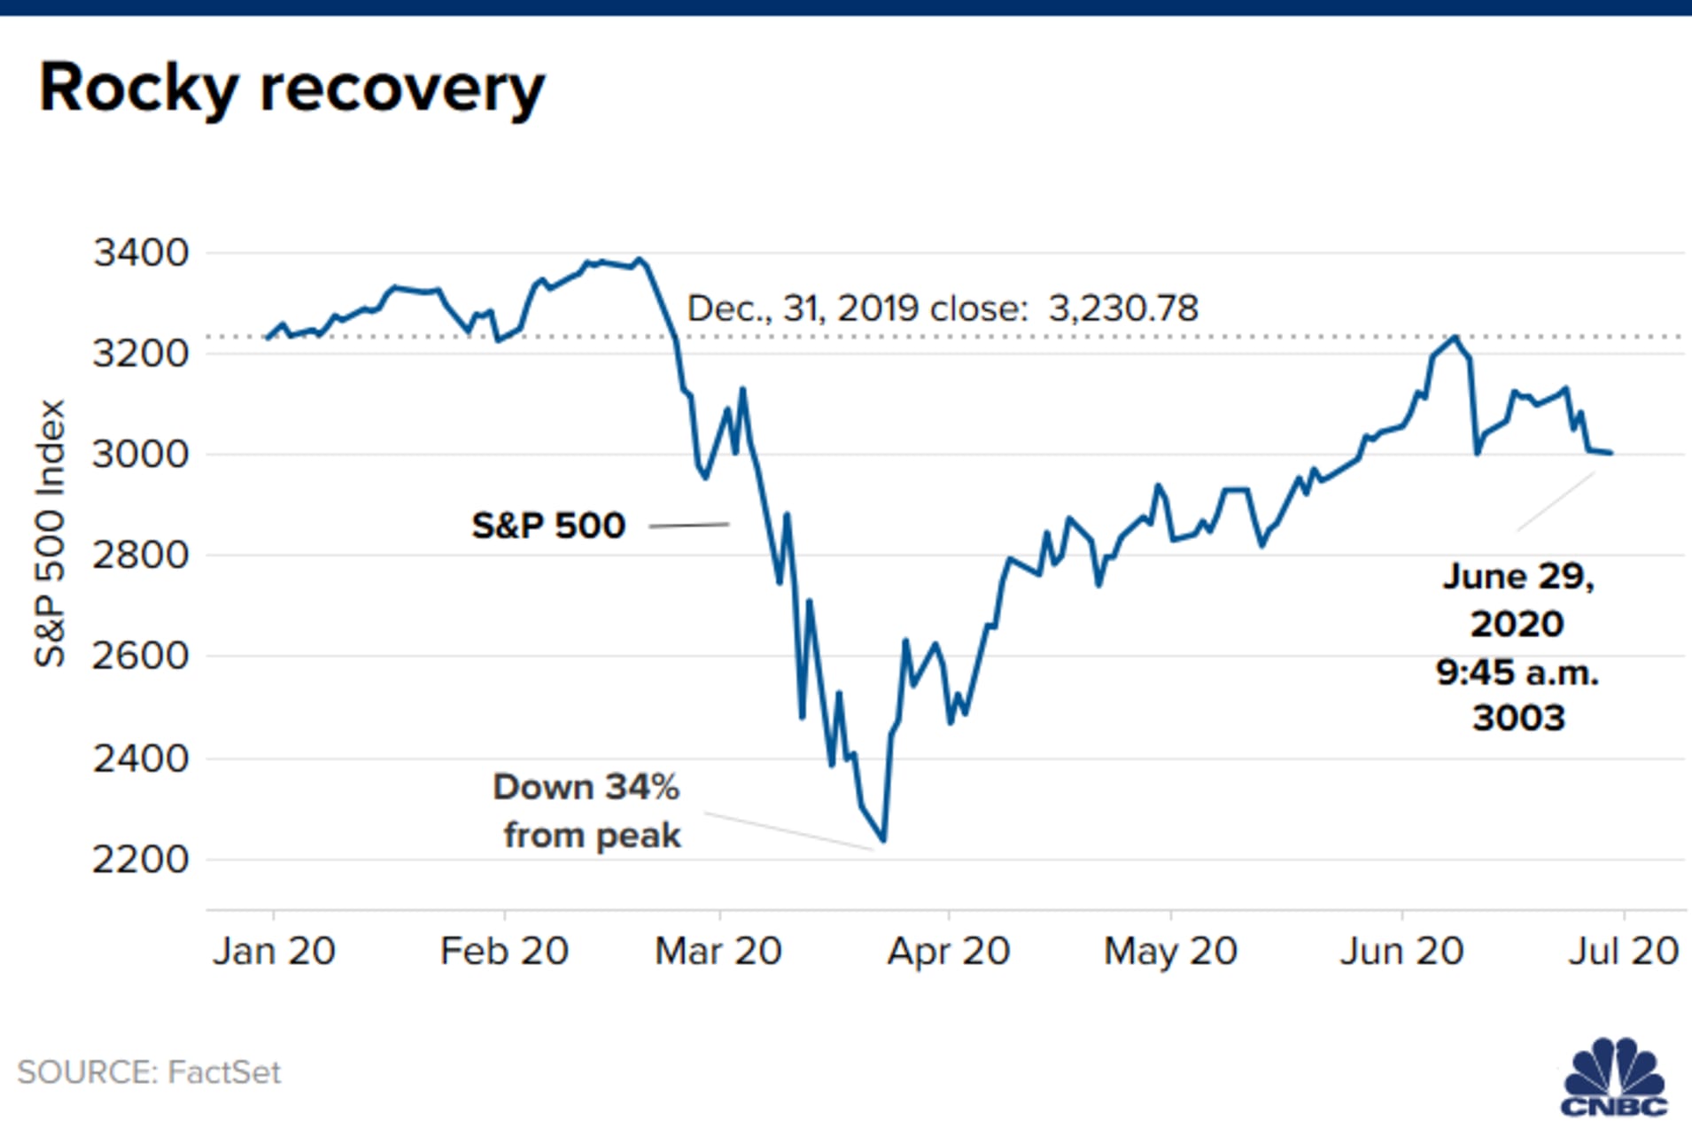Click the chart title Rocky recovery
291,89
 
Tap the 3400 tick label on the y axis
141,253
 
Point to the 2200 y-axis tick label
141,860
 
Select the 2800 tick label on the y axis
141,556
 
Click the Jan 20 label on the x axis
274,952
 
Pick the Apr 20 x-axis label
948,952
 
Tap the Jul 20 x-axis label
1623,952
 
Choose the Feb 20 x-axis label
504,952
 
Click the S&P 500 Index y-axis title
50,533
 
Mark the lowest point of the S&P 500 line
883,840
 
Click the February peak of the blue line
640,260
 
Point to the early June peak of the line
1455,337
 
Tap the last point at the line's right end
1611,453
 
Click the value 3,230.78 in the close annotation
1122,308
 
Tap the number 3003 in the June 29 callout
1518,718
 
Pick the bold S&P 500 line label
548,525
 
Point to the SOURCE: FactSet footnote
149,1072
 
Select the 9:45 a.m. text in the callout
1517,673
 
